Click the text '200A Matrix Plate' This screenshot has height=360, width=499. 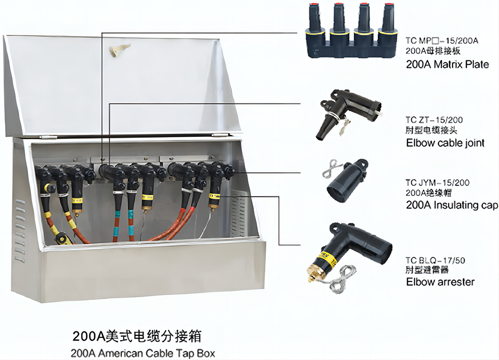tap(448, 64)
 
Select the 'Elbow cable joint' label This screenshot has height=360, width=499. tap(445, 143)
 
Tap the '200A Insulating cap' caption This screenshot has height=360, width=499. tap(452, 205)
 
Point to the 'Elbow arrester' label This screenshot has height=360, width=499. tap(440, 282)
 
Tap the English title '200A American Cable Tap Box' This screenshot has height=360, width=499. tap(144, 353)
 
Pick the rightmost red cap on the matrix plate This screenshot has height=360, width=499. tap(388, 8)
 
